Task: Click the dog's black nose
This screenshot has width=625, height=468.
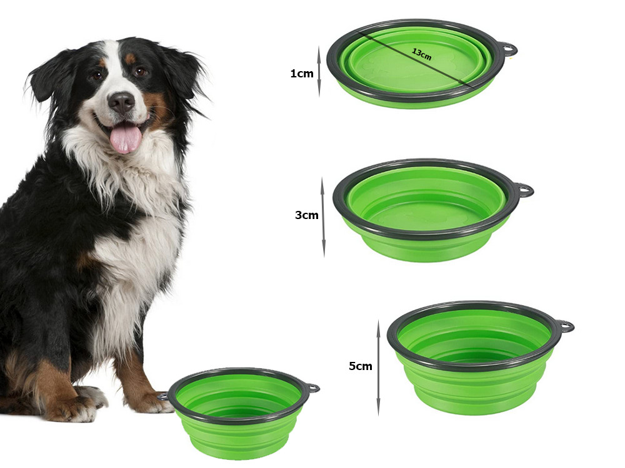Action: coord(121,102)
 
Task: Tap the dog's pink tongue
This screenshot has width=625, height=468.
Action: coord(126,138)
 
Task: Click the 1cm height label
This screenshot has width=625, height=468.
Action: coord(302,74)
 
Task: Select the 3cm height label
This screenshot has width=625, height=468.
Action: coord(306,215)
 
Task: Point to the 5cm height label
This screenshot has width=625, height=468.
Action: coord(361,366)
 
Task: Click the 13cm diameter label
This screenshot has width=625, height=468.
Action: coord(422,54)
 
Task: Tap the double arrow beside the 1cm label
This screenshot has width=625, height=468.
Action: coord(319,71)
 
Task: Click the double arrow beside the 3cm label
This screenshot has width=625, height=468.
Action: coord(323,217)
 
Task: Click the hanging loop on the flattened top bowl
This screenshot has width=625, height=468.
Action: coord(509,50)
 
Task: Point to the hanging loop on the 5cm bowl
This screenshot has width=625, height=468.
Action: coord(566,327)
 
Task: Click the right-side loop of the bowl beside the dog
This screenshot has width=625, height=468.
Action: coord(312,388)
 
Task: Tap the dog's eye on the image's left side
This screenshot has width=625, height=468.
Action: coord(97,76)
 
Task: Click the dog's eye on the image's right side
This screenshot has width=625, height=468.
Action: coord(140,72)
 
